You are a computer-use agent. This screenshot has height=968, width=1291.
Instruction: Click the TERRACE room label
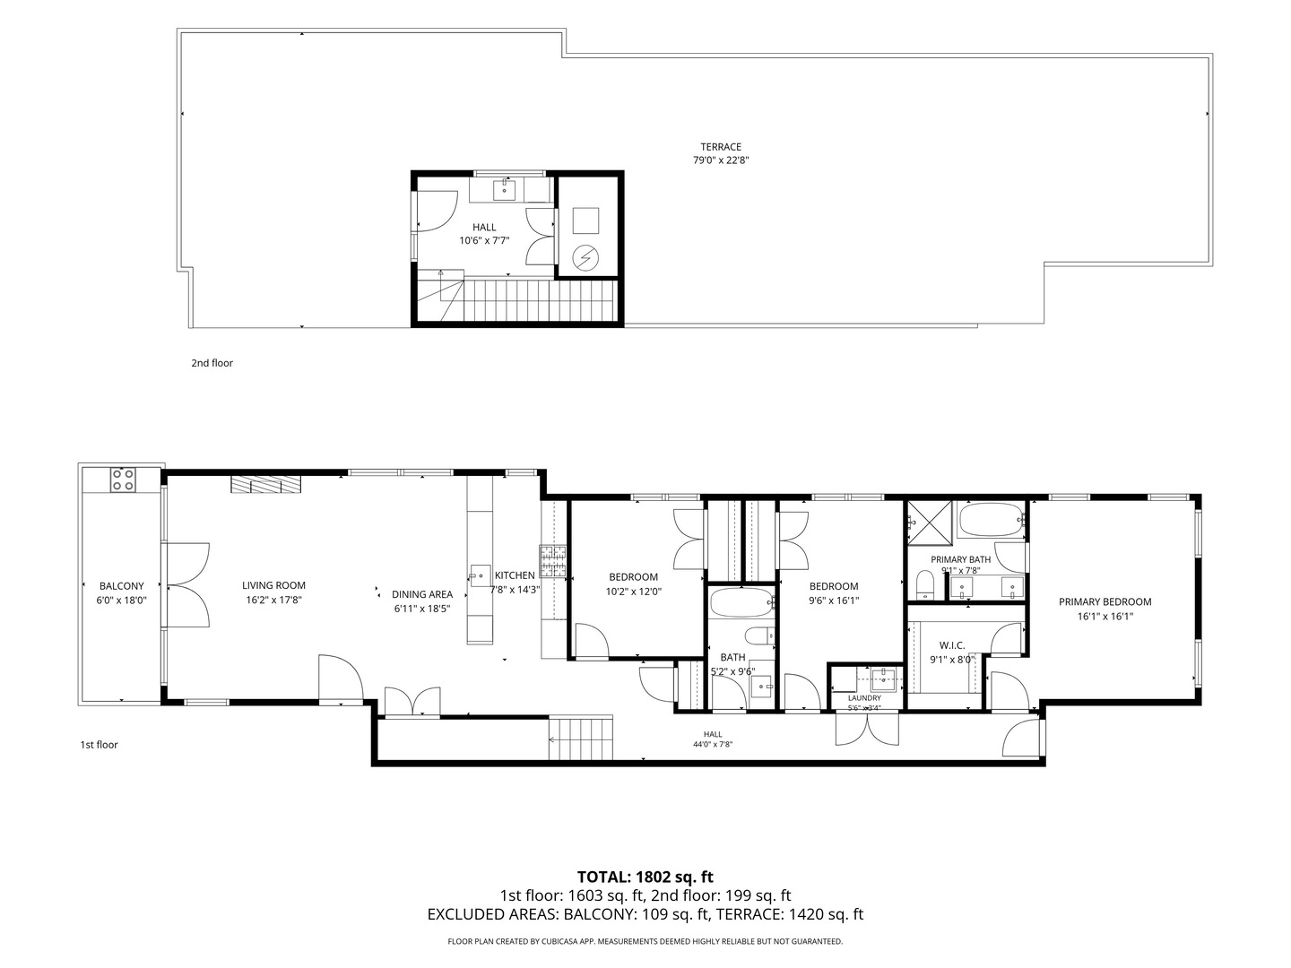721,147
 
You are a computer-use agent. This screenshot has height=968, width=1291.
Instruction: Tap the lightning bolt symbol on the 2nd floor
585,257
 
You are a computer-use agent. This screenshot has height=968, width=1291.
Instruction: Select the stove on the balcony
123,479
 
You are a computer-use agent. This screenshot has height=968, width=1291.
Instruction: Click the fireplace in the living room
265,484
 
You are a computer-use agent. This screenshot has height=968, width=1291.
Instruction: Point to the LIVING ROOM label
273,585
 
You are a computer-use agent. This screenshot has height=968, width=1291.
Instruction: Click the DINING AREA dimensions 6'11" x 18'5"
421,609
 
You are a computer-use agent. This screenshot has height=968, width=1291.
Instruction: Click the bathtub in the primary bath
991,520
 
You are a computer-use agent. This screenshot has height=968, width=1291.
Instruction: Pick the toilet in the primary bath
925,585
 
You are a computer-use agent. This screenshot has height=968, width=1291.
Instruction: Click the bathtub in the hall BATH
741,602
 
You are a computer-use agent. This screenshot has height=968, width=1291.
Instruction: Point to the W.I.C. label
951,645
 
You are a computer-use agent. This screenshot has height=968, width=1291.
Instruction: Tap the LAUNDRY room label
864,698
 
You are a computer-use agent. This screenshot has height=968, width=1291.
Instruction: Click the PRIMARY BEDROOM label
1105,601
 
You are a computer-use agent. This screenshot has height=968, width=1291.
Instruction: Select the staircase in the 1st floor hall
581,738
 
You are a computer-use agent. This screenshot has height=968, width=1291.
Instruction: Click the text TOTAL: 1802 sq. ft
645,877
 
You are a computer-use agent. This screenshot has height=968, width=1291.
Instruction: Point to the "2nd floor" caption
212,363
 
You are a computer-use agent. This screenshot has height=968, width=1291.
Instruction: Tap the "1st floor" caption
99,745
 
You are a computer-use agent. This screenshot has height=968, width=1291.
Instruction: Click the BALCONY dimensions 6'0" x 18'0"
121,601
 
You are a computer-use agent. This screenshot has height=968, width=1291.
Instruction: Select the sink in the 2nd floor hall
504,190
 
